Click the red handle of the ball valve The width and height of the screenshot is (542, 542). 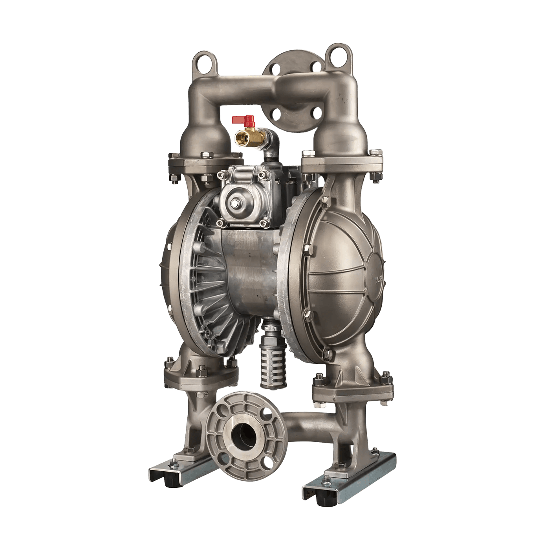click(241, 120)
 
